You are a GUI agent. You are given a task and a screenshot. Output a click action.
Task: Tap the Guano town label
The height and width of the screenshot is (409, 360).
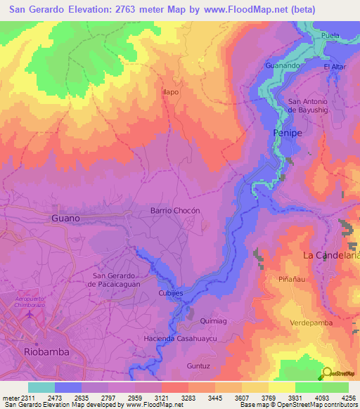click(65, 219)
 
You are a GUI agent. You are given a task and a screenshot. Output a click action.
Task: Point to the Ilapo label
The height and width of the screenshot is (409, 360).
click(170, 92)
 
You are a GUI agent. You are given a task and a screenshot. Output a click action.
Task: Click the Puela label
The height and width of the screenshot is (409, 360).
click(329, 34)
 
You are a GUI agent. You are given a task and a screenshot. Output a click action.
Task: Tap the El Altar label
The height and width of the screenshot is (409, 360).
click(336, 67)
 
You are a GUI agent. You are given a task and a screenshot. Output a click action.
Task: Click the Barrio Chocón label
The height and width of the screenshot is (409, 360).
click(176, 211)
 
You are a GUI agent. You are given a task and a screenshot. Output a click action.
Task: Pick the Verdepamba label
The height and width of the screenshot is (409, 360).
click(311, 323)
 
